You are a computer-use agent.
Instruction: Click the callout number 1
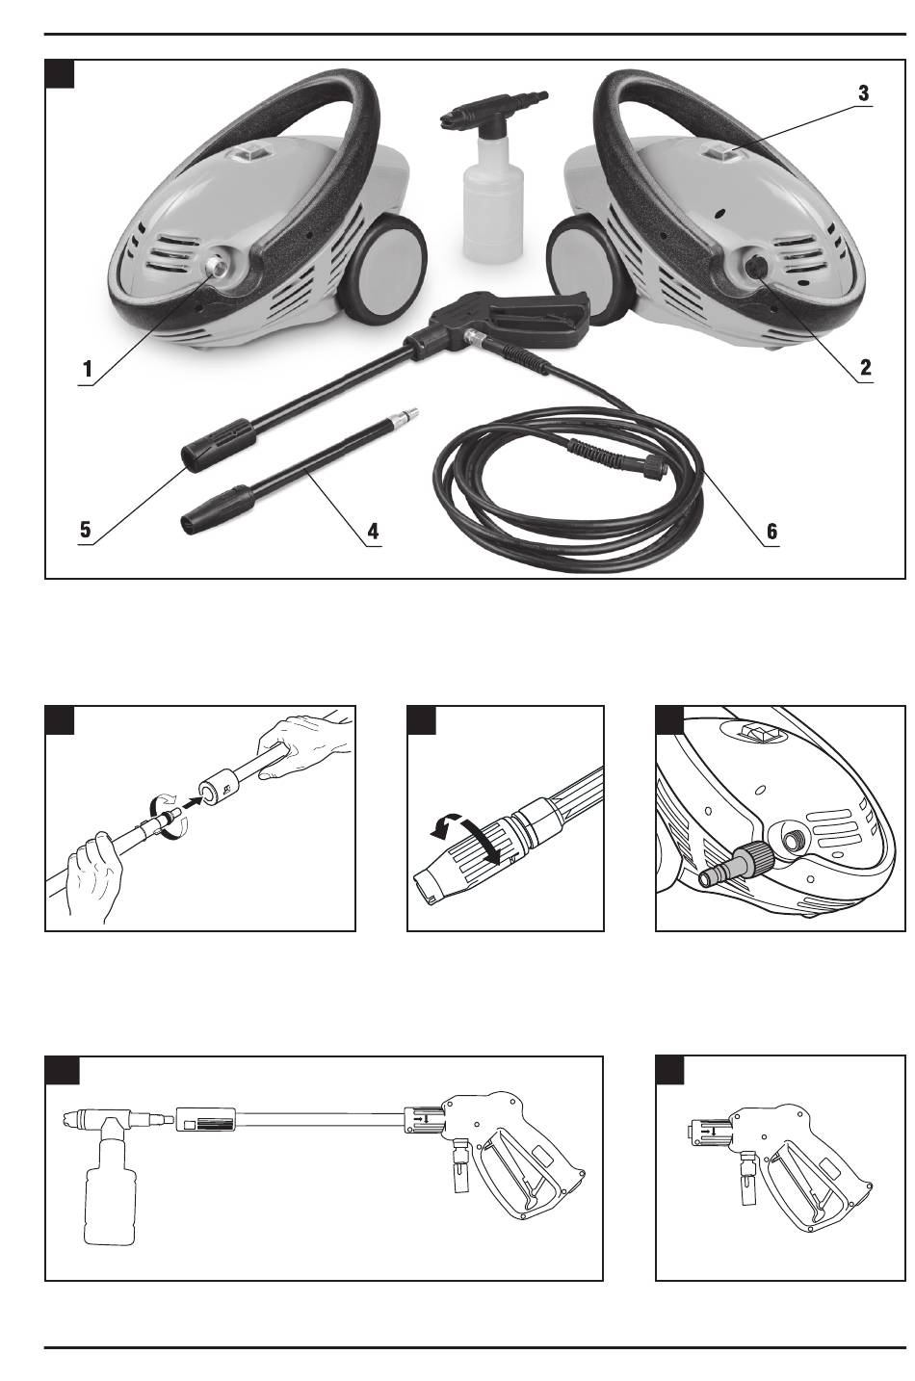(88, 369)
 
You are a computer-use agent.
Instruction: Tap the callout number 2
(866, 368)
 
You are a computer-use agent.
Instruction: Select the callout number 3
(864, 93)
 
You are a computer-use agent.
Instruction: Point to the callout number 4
(373, 531)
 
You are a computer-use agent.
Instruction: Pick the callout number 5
(85, 530)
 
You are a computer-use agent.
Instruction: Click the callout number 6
(771, 531)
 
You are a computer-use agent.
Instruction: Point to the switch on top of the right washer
(724, 150)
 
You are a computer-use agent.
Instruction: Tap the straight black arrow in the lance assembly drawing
(194, 802)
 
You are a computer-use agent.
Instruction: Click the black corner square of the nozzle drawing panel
(421, 720)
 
